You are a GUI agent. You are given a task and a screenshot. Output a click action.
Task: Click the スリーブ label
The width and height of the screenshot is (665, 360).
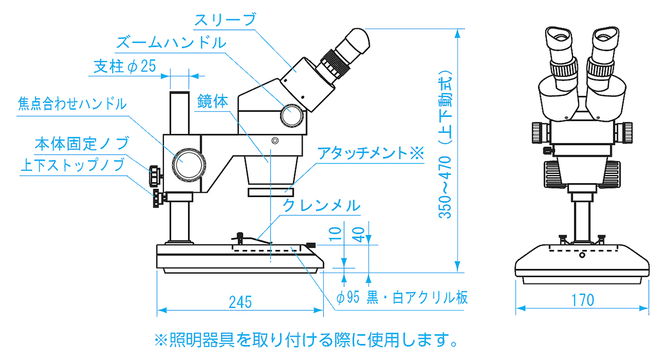pos(224,19)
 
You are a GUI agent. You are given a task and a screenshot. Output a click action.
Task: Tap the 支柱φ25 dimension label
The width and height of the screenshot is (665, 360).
pos(124,66)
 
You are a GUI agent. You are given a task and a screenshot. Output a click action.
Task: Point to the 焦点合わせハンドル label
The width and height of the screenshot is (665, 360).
pos(73,104)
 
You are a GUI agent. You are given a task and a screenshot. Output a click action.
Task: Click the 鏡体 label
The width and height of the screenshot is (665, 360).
pos(213,101)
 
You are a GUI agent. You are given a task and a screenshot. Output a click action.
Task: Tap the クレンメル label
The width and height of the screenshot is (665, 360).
pos(321,206)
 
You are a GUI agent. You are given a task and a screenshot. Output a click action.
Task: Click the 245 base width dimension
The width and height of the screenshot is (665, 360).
pos(240,302)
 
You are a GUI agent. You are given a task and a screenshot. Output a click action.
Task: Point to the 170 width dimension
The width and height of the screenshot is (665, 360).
pos(582,300)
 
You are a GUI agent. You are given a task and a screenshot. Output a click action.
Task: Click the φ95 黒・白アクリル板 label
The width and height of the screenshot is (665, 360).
pos(402,298)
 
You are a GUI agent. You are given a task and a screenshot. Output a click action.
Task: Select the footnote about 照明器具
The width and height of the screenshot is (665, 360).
pos(305,338)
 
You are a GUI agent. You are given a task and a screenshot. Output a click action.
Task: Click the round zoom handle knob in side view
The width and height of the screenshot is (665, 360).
pos(292,115)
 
